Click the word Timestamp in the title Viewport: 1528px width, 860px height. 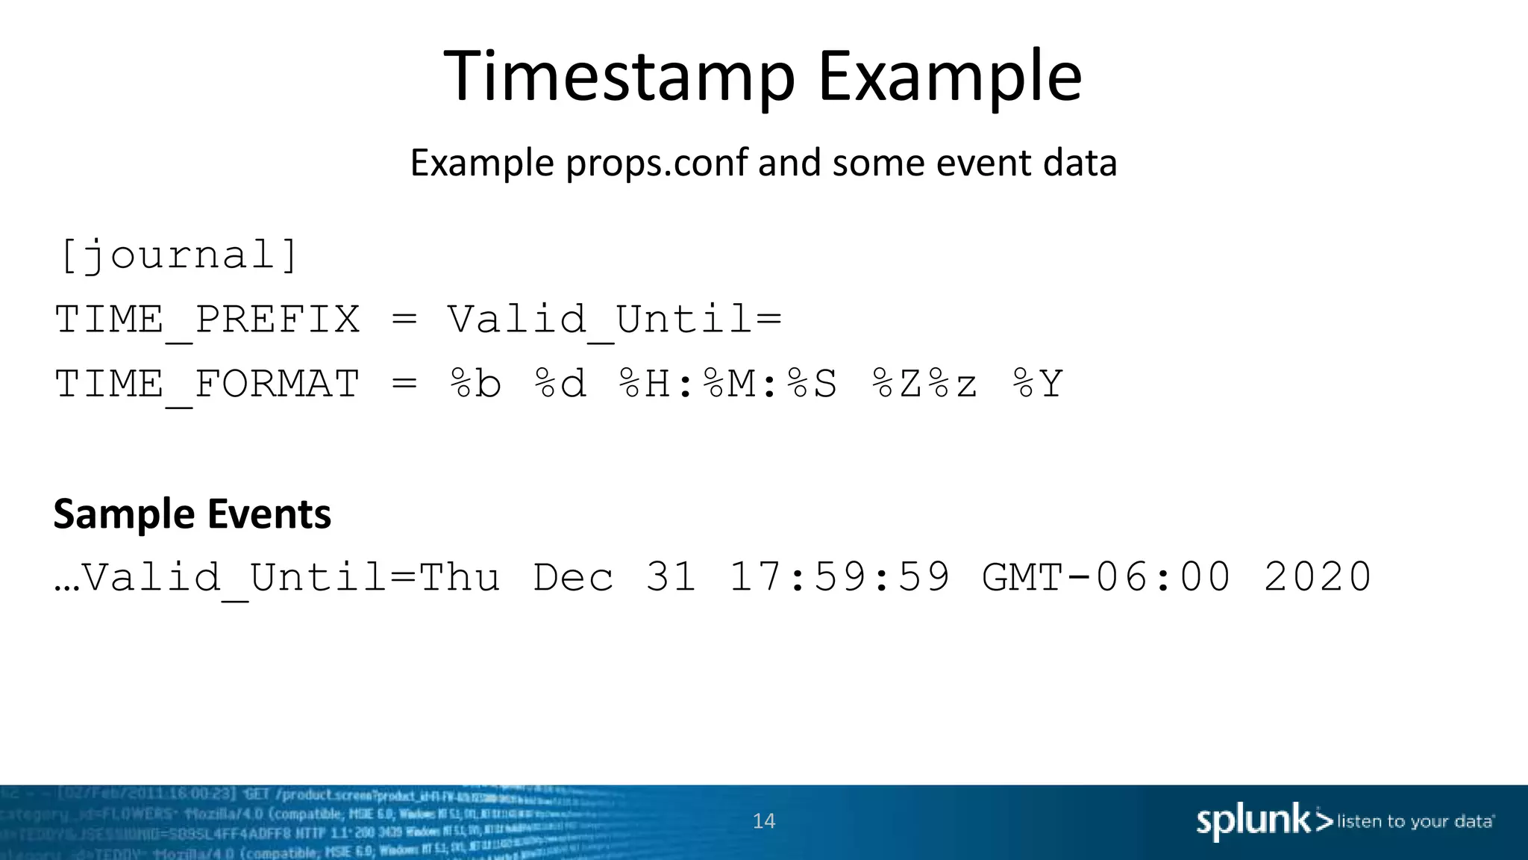[619, 76]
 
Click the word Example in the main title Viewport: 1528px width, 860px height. [949, 76]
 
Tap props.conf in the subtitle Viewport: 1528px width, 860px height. [657, 163]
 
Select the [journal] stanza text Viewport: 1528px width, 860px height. [178, 256]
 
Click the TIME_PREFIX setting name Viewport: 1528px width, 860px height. [207, 320]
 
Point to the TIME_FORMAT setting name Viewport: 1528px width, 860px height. [207, 384]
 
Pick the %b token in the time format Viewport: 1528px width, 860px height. [475, 384]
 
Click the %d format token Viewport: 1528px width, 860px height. [560, 384]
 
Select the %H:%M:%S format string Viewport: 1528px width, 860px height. [728, 384]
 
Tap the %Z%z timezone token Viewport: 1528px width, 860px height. [924, 384]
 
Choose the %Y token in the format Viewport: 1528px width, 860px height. [1038, 384]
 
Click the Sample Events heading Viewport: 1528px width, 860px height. [192, 514]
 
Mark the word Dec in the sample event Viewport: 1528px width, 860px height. [573, 577]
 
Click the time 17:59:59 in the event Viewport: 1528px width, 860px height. [839, 577]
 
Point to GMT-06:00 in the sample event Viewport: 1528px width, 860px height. [1106, 577]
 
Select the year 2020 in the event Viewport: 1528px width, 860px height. [1318, 577]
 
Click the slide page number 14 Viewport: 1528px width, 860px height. [764, 821]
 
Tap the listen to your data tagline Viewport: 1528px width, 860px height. [1415, 822]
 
